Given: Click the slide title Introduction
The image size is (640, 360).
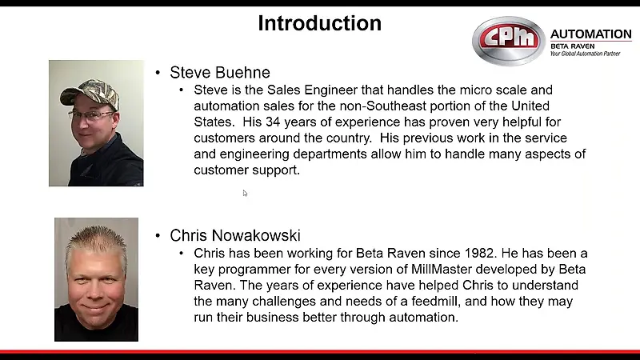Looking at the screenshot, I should (319, 23).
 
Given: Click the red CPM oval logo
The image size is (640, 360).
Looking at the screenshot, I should (509, 41).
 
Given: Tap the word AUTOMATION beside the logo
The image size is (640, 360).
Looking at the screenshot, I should (590, 34).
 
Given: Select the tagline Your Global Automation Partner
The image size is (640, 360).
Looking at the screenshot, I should (590, 53).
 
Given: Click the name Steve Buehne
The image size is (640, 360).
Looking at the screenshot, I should (220, 73).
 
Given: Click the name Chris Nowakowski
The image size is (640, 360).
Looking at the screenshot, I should (235, 235).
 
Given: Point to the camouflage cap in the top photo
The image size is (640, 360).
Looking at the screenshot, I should (90, 92).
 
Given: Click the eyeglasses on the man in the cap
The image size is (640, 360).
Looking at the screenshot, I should (90, 114).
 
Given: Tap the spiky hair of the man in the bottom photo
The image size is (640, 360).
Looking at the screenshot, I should (95, 238).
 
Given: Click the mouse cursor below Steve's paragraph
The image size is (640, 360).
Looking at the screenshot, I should (245, 193).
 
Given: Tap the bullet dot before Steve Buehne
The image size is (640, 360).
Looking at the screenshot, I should (158, 74).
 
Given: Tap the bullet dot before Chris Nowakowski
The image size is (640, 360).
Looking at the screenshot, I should (158, 236).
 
